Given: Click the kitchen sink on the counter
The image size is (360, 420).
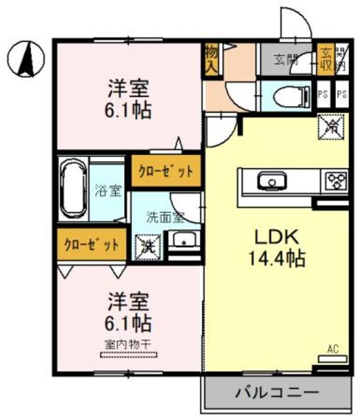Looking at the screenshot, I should click(x=269, y=180).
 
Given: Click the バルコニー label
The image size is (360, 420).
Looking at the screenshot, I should click(x=277, y=393).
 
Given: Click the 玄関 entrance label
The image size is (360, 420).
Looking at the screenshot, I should click(x=286, y=60).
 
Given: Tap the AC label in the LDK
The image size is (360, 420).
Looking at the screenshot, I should click(x=332, y=349).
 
